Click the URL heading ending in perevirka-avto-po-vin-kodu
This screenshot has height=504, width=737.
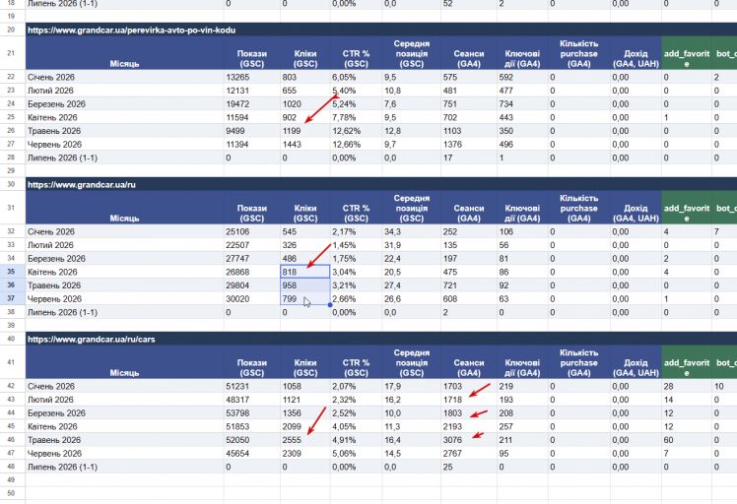(131, 31)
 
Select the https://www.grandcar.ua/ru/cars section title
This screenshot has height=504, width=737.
(92, 340)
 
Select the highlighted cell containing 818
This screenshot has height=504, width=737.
(305, 272)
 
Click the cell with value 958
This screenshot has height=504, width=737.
(305, 285)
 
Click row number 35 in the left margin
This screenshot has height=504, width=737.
(11, 272)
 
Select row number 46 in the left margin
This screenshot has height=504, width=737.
(11, 440)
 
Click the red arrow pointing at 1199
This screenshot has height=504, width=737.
(321, 108)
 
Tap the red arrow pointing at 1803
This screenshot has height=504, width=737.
(479, 413)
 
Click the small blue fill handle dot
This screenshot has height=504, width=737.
(330, 305)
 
